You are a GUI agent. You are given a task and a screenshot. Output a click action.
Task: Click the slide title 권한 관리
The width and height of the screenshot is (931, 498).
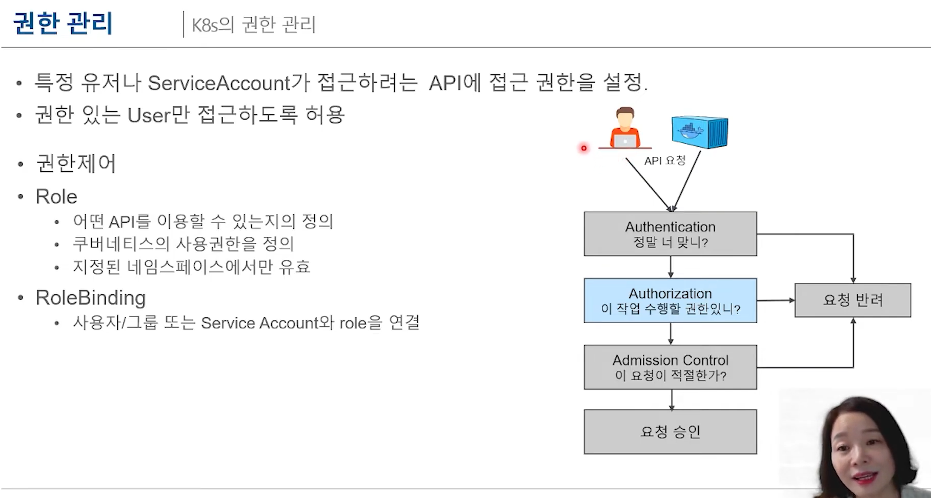(x=63, y=24)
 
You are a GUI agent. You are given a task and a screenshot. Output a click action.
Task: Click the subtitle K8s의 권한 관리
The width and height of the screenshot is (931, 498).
(x=253, y=25)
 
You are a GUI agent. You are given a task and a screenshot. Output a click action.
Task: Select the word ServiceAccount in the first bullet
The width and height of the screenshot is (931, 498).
(x=219, y=83)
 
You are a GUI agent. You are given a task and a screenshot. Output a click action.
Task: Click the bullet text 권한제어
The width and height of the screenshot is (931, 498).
(x=76, y=164)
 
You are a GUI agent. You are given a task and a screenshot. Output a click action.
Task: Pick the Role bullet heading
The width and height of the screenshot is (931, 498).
(x=56, y=197)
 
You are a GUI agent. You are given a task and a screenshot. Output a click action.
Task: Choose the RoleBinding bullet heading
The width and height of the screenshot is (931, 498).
(x=91, y=298)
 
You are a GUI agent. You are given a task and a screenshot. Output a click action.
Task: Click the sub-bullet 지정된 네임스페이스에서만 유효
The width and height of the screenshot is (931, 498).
(x=192, y=267)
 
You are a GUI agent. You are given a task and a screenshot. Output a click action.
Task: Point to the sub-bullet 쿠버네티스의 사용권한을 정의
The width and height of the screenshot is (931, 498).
(x=184, y=244)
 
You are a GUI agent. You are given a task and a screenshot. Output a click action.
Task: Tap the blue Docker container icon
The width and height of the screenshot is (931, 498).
(x=700, y=132)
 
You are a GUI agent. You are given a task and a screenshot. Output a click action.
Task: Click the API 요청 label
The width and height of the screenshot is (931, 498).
(x=664, y=161)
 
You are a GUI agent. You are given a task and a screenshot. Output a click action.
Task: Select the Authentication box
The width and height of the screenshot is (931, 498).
(x=670, y=234)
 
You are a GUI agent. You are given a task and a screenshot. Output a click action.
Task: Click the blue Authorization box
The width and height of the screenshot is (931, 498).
(x=670, y=301)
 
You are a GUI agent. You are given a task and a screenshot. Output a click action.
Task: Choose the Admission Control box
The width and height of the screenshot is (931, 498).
(x=670, y=367)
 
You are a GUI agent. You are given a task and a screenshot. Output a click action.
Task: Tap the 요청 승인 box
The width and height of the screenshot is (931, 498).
(x=670, y=432)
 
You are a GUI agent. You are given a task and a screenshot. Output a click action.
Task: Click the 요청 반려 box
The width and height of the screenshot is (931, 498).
(x=853, y=300)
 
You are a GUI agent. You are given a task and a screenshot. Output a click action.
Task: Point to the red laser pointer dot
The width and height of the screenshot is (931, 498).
(x=583, y=148)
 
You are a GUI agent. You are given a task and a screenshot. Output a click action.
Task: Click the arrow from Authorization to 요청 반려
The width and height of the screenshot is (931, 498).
(x=775, y=301)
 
